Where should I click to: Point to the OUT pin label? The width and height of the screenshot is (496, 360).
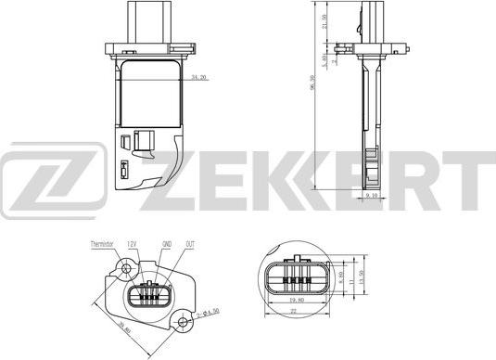(x=189, y=243)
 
